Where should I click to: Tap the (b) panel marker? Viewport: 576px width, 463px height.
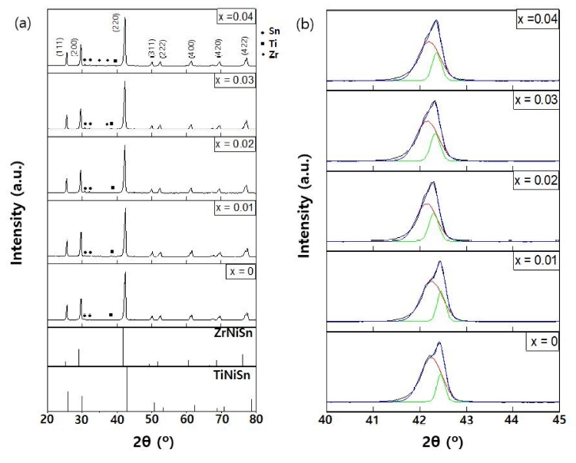pos(306,24)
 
